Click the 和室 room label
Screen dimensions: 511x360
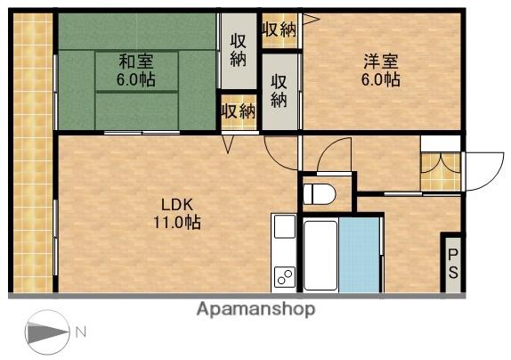(x=136, y=61)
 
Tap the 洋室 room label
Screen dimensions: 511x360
(x=381, y=61)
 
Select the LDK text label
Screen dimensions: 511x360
(x=178, y=205)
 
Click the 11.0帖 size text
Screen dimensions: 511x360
(x=177, y=223)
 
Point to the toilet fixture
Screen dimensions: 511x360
(x=319, y=194)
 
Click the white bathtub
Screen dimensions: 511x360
(x=320, y=256)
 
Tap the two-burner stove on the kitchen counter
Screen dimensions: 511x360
(x=285, y=277)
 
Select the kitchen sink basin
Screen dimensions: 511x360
(x=285, y=226)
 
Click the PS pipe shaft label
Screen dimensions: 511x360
(x=453, y=264)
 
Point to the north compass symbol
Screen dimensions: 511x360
(x=47, y=332)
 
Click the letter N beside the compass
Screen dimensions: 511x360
(x=81, y=332)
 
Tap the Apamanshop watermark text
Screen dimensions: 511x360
(x=255, y=309)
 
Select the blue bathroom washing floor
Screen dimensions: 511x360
(x=359, y=255)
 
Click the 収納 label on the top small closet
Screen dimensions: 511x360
(x=280, y=29)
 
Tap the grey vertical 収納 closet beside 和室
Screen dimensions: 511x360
(x=239, y=51)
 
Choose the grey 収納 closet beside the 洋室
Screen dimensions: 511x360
(x=280, y=92)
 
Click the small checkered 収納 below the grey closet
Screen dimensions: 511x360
(x=239, y=112)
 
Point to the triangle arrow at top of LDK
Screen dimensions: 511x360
(x=229, y=144)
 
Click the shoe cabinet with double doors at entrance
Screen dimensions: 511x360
(x=441, y=172)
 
